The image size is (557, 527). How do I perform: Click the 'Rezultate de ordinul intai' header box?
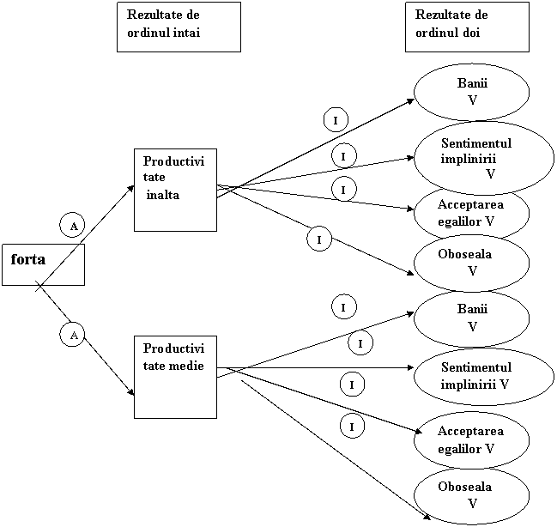(x=178, y=27)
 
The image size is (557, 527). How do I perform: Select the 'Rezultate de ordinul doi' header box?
(x=467, y=27)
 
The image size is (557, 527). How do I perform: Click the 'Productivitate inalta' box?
(x=175, y=190)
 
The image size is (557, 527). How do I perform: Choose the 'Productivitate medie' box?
(x=175, y=377)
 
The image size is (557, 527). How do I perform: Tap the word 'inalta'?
(x=163, y=195)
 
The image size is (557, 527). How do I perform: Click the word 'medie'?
(x=187, y=365)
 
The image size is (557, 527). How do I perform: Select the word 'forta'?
(x=28, y=258)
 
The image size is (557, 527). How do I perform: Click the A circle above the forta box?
(x=73, y=226)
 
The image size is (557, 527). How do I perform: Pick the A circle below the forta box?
(x=73, y=335)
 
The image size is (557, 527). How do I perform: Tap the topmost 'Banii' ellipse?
(x=471, y=92)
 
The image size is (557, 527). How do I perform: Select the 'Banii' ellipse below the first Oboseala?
(x=471, y=318)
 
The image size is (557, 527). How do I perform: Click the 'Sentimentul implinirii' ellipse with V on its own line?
(x=471, y=157)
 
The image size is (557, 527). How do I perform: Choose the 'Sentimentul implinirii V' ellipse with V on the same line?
(x=471, y=375)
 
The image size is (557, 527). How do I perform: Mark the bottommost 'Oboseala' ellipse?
(x=471, y=495)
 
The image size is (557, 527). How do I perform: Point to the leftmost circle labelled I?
(x=319, y=239)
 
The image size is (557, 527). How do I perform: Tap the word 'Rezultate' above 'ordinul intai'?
(x=151, y=15)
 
